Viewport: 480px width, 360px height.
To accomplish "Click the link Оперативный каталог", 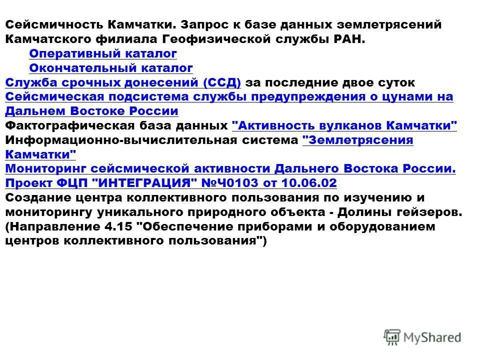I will point(103,53).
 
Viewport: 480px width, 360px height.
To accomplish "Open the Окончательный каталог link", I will point(111,68).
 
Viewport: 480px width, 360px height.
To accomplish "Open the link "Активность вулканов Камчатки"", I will point(345,125).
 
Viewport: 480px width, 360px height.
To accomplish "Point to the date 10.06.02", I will point(309,183).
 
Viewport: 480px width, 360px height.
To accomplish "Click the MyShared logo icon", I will point(392,336).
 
